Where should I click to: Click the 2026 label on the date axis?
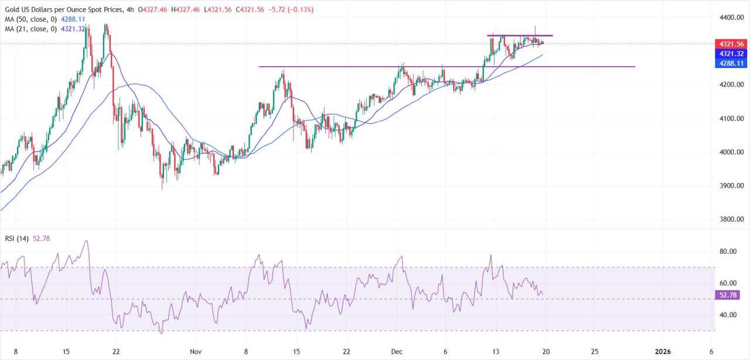point(662,351)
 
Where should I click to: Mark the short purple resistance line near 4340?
point(520,36)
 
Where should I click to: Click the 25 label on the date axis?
point(595,351)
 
